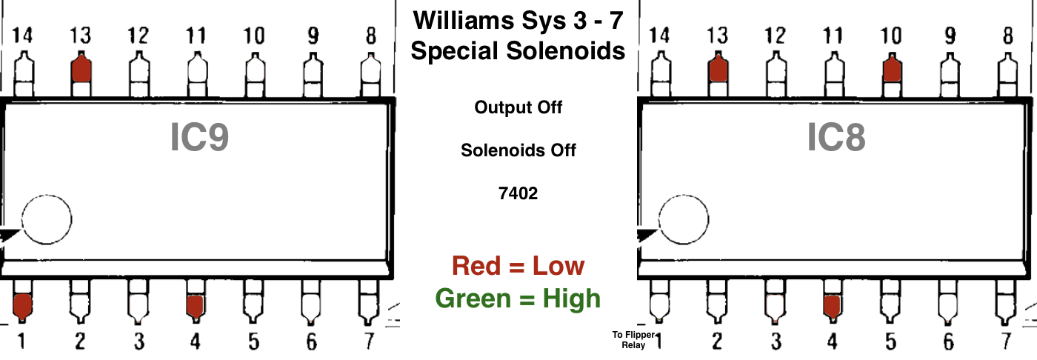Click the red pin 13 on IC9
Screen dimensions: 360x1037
coord(81,70)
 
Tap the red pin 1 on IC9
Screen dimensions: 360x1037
coord(22,305)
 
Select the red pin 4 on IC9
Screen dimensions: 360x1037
coord(195,305)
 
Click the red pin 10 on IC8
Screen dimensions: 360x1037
coord(892,70)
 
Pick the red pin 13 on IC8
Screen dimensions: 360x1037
coord(717,70)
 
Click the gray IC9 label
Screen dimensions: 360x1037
coord(199,138)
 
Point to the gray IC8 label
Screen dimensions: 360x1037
coord(836,138)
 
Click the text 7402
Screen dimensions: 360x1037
coord(518,193)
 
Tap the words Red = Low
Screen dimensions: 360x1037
coord(518,266)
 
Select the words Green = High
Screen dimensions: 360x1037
coord(518,299)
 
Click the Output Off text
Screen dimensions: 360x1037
coord(518,107)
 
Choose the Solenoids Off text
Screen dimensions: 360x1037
coord(518,150)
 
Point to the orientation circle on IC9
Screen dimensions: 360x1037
coord(46,219)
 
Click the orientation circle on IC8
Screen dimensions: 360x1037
coord(684,219)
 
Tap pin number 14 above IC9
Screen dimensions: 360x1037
coord(23,35)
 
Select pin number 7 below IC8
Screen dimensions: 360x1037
coord(1006,341)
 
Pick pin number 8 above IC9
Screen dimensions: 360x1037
coord(370,35)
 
